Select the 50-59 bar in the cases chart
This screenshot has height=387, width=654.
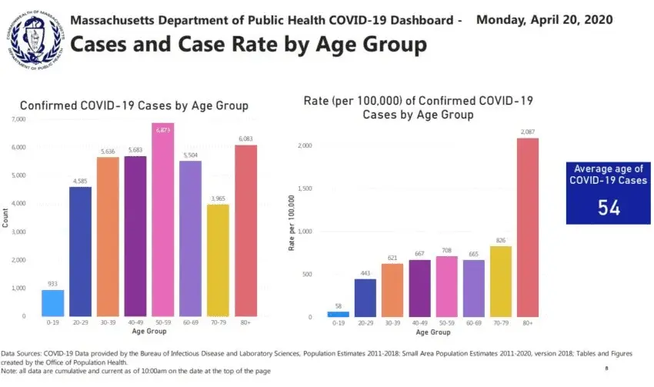click(162, 219)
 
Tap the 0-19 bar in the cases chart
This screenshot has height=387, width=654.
click(52, 302)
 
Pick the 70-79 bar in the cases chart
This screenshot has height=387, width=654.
click(218, 259)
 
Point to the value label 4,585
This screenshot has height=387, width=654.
click(80, 182)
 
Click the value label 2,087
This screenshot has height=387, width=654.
click(527, 132)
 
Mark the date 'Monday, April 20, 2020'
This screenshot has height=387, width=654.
click(545, 19)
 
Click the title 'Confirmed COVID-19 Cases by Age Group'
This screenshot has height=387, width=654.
click(134, 105)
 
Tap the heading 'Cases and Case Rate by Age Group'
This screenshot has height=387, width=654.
click(248, 45)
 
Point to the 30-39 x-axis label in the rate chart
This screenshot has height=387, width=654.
click(392, 324)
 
